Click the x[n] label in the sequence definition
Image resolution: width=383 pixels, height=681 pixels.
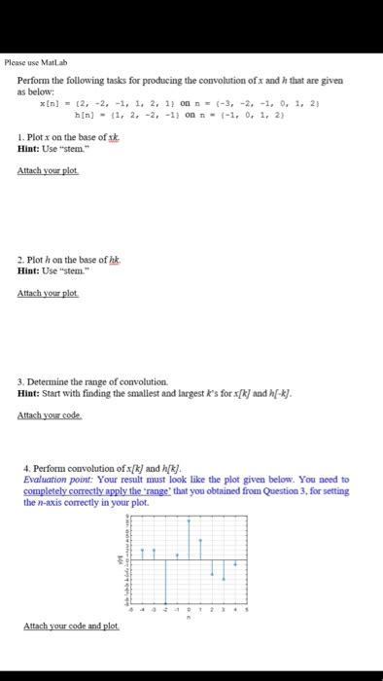click(x=48, y=100)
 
